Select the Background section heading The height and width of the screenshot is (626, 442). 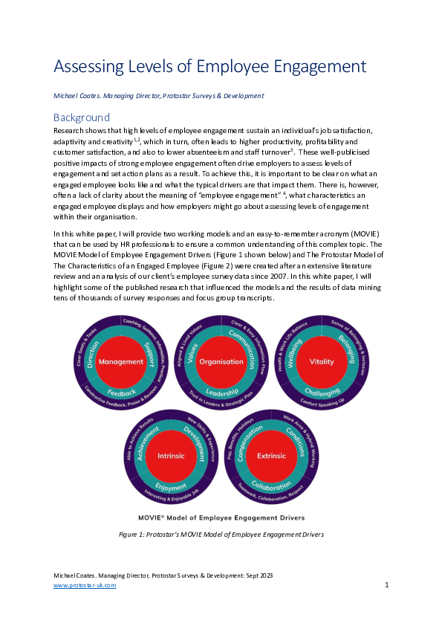point(82,117)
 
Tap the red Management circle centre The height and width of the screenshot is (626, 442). point(120,361)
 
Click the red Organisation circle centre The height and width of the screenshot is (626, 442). point(221,361)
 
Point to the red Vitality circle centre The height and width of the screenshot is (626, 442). point(322,361)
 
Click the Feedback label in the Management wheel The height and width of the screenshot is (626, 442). point(121,391)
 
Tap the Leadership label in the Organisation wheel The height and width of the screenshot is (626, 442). point(221,391)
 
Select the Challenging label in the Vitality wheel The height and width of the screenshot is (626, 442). point(322,391)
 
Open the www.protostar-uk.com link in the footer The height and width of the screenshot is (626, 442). point(85,586)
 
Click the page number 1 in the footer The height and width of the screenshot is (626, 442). point(387,586)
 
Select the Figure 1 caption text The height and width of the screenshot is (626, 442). point(221,534)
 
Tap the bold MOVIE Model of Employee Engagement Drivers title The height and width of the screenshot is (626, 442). point(221,517)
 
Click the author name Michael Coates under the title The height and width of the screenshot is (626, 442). point(79,96)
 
